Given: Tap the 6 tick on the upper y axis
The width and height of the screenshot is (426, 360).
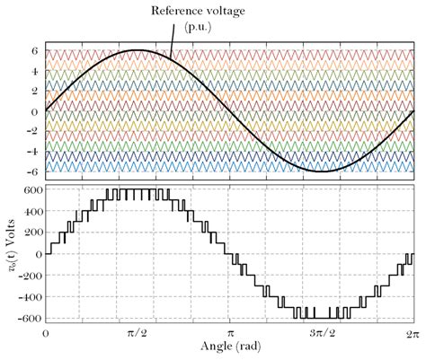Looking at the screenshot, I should click(x=35, y=50).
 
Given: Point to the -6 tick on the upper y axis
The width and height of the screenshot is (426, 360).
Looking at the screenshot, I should click(x=32, y=171).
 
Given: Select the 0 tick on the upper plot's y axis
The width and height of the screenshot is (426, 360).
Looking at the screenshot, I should click(x=35, y=111).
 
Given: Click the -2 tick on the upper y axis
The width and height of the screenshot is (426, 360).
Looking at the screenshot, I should click(x=32, y=131).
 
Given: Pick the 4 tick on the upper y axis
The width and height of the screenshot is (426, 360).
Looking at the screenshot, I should click(x=35, y=71).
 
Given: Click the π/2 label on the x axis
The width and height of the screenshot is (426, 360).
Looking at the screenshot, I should click(x=137, y=333).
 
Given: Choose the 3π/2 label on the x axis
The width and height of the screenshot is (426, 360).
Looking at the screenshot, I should click(x=320, y=333).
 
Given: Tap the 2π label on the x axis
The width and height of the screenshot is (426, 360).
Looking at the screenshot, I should click(x=412, y=333).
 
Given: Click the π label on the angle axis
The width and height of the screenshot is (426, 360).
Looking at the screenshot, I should click(x=229, y=333).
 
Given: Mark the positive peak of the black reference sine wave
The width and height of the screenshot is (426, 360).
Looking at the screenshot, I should click(x=138, y=50).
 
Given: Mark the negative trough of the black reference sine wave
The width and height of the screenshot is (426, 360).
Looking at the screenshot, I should click(x=321, y=171).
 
